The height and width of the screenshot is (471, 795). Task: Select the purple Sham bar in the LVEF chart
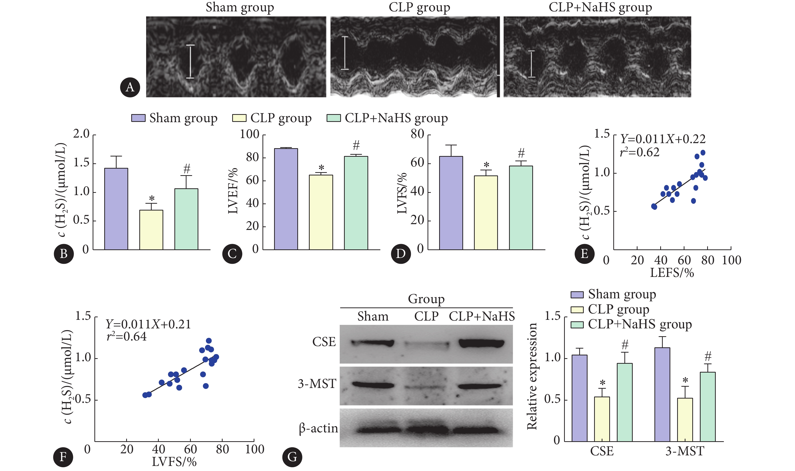click(x=286, y=199)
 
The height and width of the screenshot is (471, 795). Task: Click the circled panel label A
click(x=130, y=87)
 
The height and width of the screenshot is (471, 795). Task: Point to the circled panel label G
click(x=292, y=457)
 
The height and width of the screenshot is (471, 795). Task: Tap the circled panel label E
click(x=584, y=254)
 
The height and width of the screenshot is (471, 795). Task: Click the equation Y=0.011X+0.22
click(x=663, y=139)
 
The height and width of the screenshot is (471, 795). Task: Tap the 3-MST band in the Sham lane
click(x=373, y=385)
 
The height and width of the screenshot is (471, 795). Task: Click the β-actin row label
click(x=318, y=429)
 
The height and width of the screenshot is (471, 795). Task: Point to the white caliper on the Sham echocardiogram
click(x=190, y=61)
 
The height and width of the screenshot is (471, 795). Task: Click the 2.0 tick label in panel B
click(x=81, y=134)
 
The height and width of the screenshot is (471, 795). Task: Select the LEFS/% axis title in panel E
click(x=672, y=273)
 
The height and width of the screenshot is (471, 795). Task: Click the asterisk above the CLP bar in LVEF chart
click(x=321, y=168)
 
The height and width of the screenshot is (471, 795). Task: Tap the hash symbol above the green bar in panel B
click(x=187, y=169)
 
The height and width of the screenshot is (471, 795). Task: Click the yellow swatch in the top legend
click(x=239, y=118)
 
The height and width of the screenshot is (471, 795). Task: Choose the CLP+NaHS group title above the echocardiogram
click(x=600, y=7)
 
